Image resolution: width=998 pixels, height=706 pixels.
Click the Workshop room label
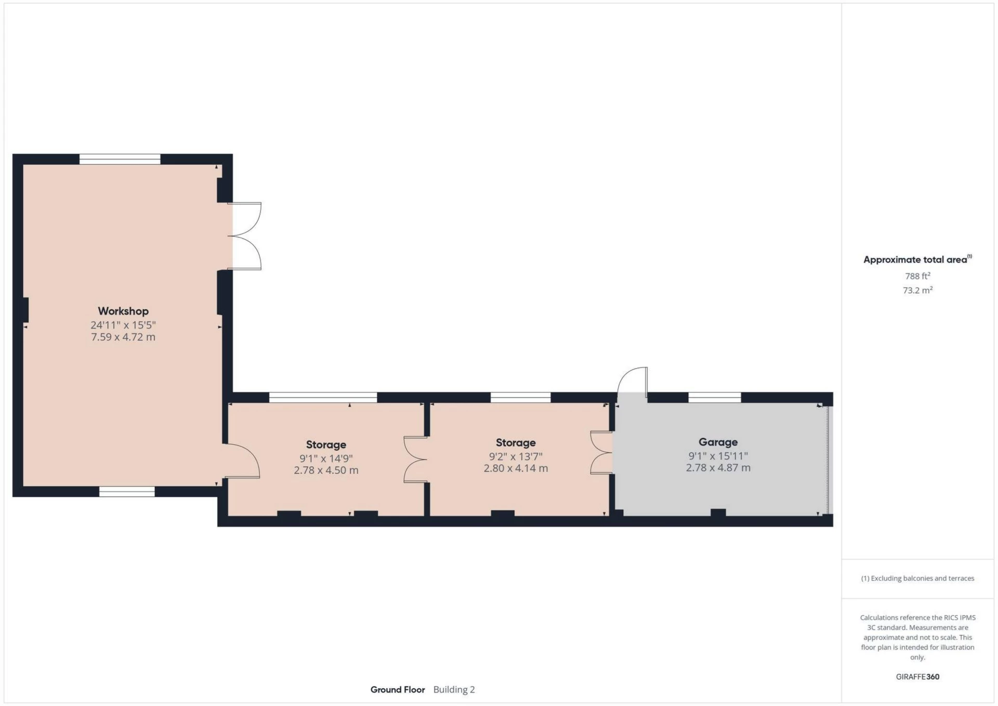pyautogui.click(x=123, y=311)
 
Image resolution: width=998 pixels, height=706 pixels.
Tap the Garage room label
pyautogui.click(x=718, y=442)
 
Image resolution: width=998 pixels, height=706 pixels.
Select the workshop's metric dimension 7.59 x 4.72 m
pyautogui.click(x=123, y=337)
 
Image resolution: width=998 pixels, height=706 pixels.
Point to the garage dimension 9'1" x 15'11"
pyautogui.click(x=718, y=456)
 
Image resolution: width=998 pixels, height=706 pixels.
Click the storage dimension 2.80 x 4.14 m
pyautogui.click(x=516, y=468)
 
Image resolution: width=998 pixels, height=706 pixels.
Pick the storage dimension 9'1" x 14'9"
pyautogui.click(x=326, y=459)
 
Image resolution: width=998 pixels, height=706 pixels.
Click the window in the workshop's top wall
pyautogui.click(x=120, y=159)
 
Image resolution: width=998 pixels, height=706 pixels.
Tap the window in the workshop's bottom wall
pyautogui.click(x=127, y=491)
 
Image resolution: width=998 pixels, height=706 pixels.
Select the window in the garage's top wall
pyautogui.click(x=715, y=398)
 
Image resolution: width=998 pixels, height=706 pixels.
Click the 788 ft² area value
pyautogui.click(x=917, y=276)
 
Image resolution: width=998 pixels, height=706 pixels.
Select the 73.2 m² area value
pyautogui.click(x=917, y=290)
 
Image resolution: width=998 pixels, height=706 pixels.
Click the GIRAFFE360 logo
pyautogui.click(x=917, y=677)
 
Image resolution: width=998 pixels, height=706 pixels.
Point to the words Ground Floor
pyautogui.click(x=398, y=690)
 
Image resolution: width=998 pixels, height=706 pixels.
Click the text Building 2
pyautogui.click(x=454, y=690)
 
